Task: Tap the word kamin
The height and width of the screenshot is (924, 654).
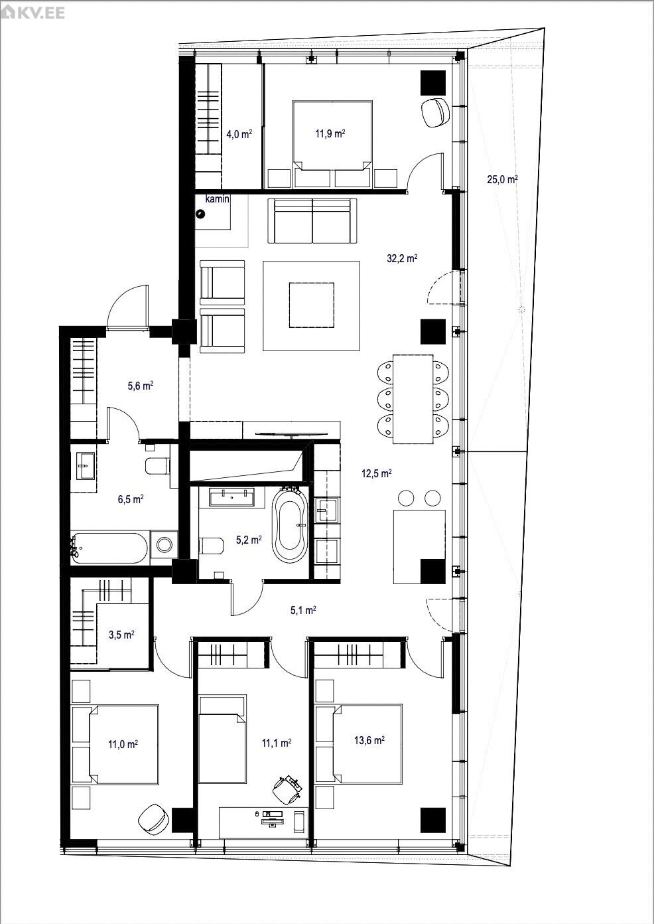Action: coord(217,199)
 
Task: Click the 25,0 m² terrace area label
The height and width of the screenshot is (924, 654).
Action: coord(502,179)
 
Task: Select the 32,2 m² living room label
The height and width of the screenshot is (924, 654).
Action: coord(402,258)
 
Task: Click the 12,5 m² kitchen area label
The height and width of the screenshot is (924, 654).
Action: coord(377,473)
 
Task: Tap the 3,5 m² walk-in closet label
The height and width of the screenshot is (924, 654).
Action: coord(121,635)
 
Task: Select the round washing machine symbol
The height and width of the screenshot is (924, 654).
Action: coord(164,544)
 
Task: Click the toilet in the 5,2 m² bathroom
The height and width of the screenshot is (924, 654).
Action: coord(211,546)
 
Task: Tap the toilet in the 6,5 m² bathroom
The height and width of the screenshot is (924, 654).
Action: coord(158,466)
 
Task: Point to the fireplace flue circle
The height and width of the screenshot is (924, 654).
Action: coord(201,214)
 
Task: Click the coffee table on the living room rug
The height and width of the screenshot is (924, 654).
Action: coord(312,305)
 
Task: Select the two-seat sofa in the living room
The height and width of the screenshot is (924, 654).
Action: coord(312,221)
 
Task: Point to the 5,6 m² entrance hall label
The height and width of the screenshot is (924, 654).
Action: coord(141,386)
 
